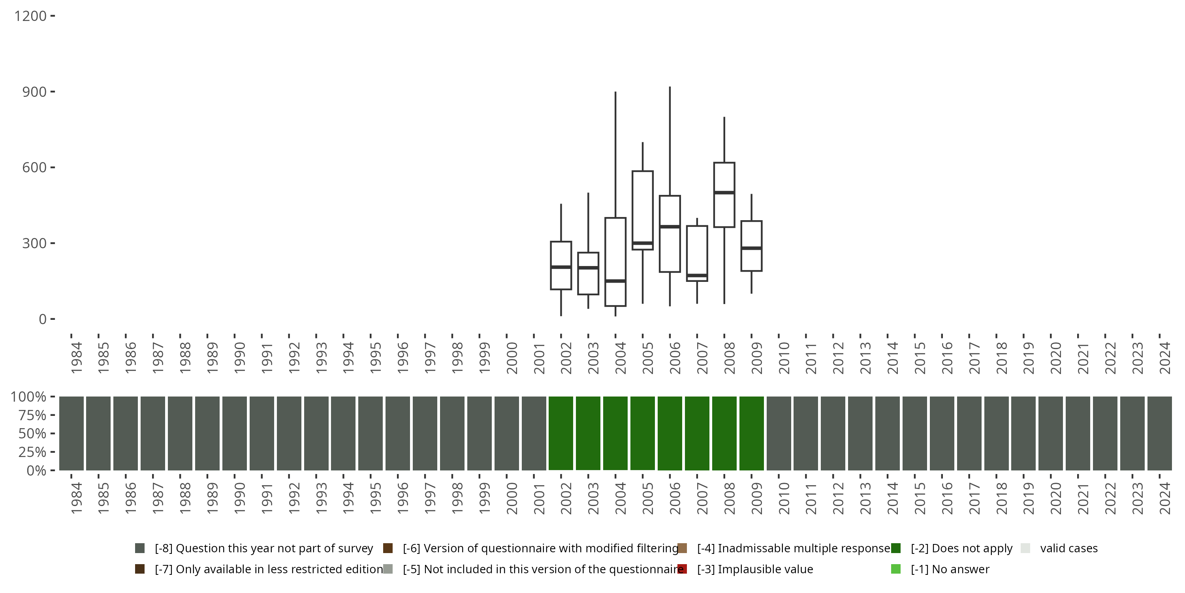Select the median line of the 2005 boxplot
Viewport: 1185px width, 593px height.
click(x=643, y=243)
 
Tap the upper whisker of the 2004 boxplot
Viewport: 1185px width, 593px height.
click(x=615, y=154)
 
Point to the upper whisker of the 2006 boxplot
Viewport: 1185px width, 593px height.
click(x=670, y=141)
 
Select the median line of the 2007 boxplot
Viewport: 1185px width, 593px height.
click(x=697, y=275)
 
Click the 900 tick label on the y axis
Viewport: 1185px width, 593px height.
click(x=34, y=92)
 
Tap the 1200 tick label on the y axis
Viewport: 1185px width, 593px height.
click(x=30, y=16)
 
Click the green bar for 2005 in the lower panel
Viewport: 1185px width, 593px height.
click(x=643, y=433)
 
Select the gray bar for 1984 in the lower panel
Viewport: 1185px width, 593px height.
click(x=71, y=433)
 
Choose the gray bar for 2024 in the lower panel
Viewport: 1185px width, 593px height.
click(x=1159, y=433)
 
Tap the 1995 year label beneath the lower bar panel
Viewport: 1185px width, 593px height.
click(x=375, y=498)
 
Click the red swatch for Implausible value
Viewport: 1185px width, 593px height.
click(x=682, y=569)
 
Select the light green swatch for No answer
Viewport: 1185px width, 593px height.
click(x=895, y=569)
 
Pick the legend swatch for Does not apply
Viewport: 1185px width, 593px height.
click(x=895, y=548)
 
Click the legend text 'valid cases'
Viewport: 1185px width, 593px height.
click(x=1068, y=548)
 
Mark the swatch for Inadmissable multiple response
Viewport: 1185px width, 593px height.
click(x=682, y=548)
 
